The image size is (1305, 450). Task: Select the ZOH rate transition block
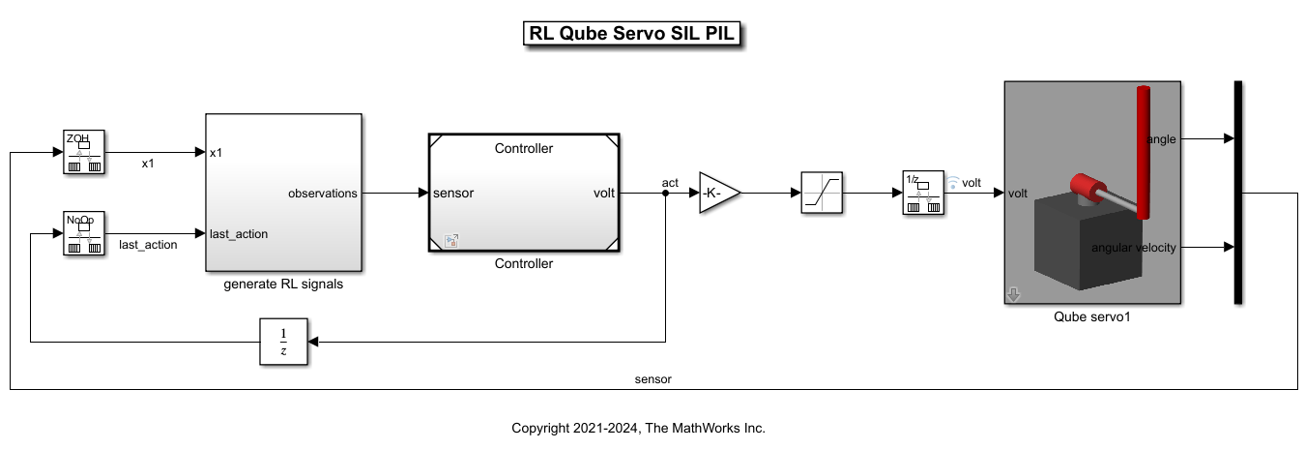(x=84, y=153)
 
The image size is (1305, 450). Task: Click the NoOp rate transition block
(x=84, y=233)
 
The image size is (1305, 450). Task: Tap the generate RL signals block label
(x=283, y=285)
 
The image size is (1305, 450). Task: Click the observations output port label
(x=322, y=194)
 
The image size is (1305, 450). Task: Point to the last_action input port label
(x=239, y=233)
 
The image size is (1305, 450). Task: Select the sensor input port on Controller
(x=453, y=194)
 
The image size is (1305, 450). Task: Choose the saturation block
(x=822, y=194)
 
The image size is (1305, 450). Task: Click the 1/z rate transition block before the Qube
(x=923, y=194)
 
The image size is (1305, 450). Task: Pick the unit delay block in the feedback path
(x=283, y=341)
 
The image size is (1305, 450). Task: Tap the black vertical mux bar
(x=1238, y=193)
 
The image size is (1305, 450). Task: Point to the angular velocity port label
(x=1133, y=248)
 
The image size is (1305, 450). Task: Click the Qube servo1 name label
(x=1091, y=315)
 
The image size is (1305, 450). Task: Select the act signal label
(x=670, y=182)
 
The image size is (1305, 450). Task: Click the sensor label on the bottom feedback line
(x=652, y=379)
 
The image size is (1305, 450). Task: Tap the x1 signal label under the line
(x=148, y=165)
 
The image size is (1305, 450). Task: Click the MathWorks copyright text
(x=638, y=428)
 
